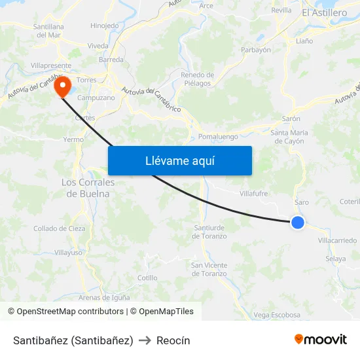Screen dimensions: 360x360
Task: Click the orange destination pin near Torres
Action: (x=63, y=86)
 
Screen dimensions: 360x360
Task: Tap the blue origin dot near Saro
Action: (x=298, y=223)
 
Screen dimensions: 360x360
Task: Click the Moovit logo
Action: (x=320, y=339)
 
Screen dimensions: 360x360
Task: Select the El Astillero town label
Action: (x=325, y=12)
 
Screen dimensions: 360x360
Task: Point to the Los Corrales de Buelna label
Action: (x=88, y=188)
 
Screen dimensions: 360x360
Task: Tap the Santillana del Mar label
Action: (x=48, y=31)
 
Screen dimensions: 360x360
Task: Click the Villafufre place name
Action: (x=254, y=194)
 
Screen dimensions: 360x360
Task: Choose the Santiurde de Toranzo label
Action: (x=210, y=231)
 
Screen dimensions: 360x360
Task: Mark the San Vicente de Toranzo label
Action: (x=209, y=269)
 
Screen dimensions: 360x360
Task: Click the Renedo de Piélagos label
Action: (x=197, y=79)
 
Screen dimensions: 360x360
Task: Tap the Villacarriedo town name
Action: (x=337, y=241)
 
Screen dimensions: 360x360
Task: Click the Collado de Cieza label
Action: (x=60, y=228)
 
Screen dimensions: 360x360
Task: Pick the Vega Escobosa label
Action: (x=277, y=315)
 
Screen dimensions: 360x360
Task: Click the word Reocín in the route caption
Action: (x=173, y=340)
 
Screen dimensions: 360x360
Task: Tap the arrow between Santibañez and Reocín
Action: (x=145, y=340)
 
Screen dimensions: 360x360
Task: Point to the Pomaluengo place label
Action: (x=218, y=137)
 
